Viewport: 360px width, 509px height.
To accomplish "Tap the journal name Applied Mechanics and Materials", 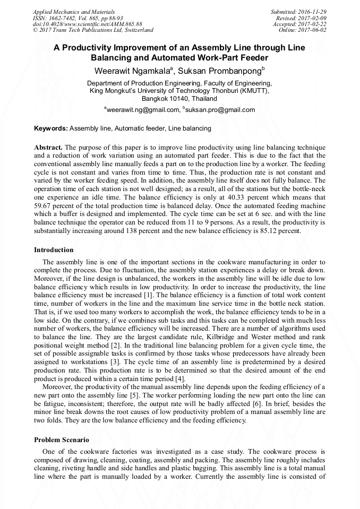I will click(x=74, y=11).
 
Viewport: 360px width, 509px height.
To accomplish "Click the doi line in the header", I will click(x=88, y=24).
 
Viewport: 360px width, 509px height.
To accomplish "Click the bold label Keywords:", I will click(x=51, y=128).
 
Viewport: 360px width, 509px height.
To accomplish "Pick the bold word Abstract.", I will click(x=48, y=147).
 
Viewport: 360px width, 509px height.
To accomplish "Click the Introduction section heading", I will click(x=54, y=250).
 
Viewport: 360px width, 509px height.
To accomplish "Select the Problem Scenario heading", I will click(x=62, y=440).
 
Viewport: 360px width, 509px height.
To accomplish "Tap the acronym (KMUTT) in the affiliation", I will click(x=252, y=91).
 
